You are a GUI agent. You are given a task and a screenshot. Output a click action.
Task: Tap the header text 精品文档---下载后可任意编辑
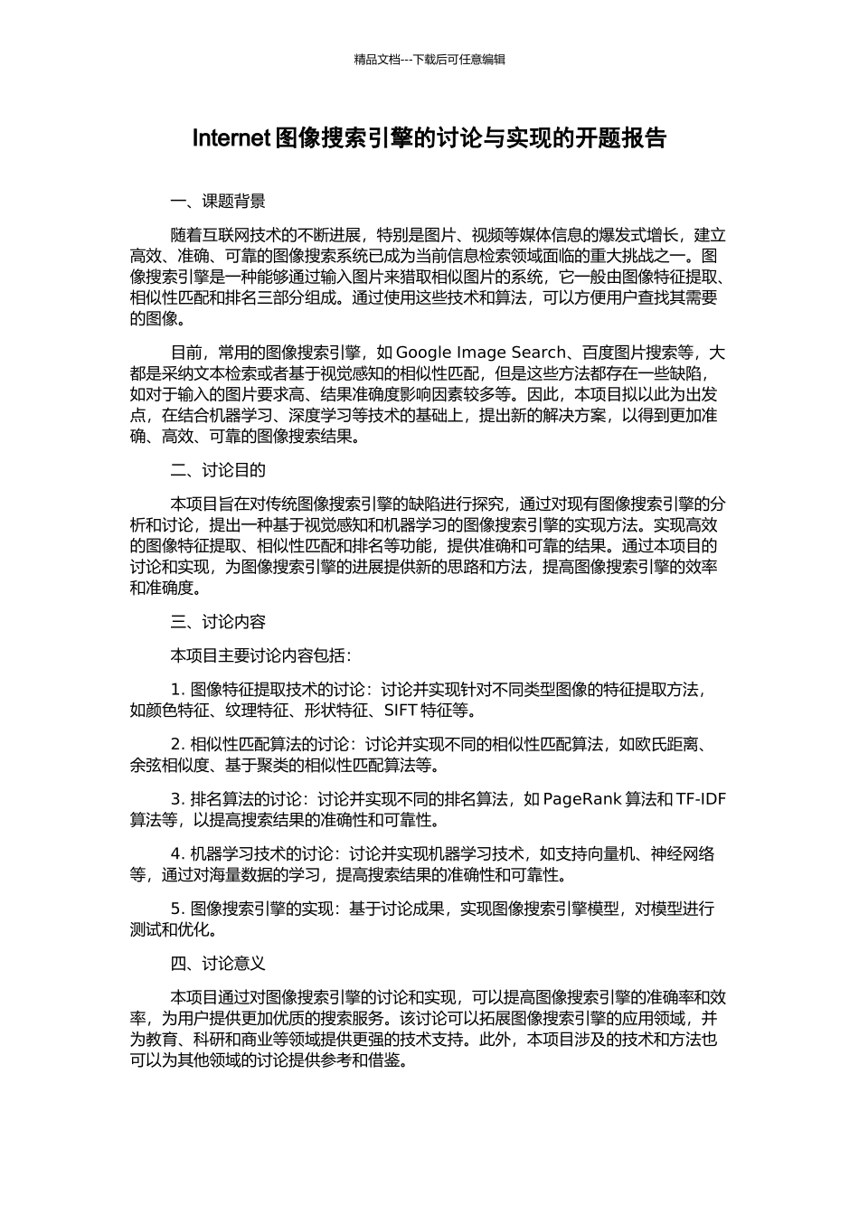coord(429,60)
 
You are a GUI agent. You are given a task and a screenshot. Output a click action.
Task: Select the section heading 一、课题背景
coord(218,201)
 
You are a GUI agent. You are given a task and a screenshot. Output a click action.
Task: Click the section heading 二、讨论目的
coord(218,470)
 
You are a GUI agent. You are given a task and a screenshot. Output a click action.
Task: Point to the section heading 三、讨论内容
coord(218,622)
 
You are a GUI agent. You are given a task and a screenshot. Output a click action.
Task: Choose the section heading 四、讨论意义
coord(218,964)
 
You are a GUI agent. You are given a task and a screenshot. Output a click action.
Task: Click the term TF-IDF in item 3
coord(701,799)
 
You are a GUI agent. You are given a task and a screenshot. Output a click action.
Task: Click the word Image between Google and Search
coord(482,353)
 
